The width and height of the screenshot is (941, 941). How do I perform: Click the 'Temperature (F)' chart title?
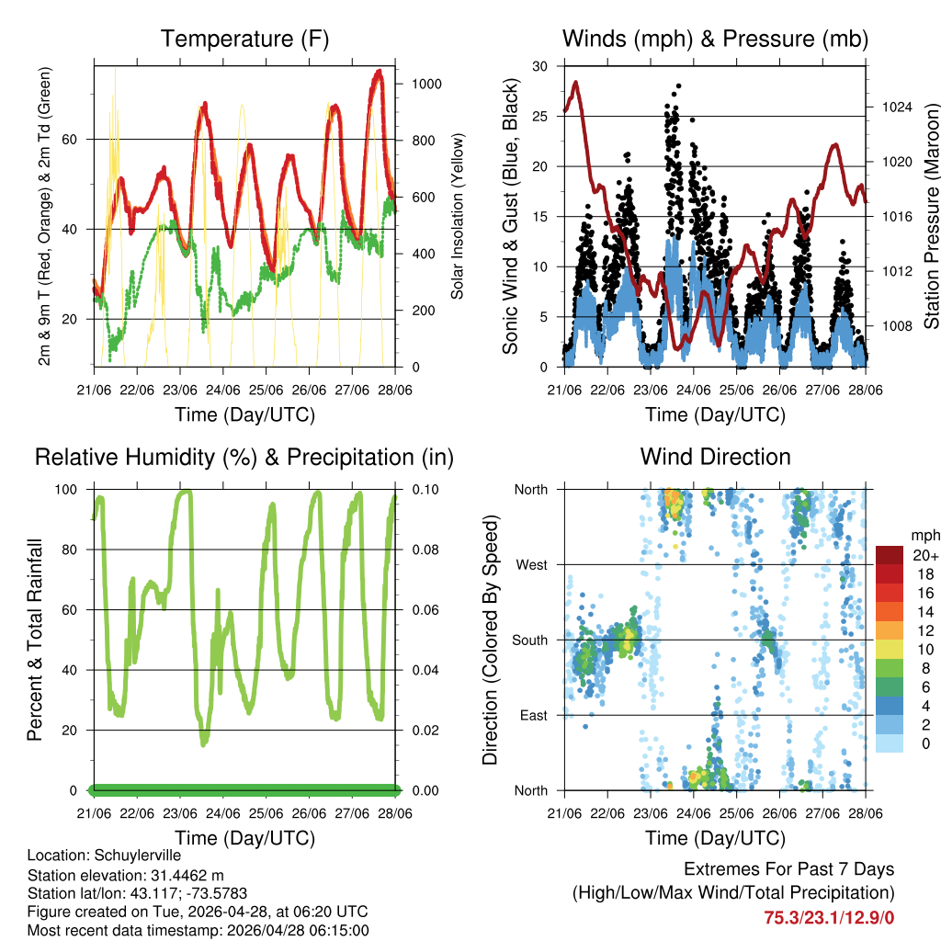click(x=244, y=39)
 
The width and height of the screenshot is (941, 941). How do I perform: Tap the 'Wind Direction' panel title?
click(x=715, y=457)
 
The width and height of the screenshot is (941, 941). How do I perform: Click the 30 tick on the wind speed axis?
click(x=541, y=66)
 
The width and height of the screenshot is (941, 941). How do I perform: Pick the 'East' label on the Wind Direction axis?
click(x=531, y=715)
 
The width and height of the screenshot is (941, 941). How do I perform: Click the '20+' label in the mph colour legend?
click(x=925, y=555)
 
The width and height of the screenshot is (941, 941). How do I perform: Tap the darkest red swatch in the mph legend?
click(x=890, y=555)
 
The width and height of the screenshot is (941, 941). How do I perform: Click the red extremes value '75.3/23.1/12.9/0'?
click(x=828, y=917)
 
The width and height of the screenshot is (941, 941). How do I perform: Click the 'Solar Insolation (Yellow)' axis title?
click(x=458, y=217)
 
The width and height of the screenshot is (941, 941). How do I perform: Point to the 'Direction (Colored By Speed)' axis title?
click(x=490, y=641)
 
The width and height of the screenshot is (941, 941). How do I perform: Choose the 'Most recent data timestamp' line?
click(x=198, y=930)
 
